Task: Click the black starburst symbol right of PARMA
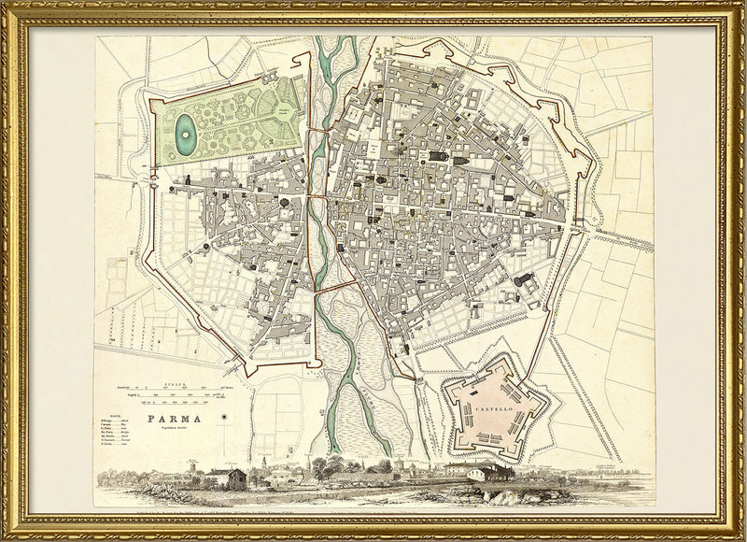click(x=226, y=417)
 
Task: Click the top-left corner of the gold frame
click(x=7, y=7)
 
